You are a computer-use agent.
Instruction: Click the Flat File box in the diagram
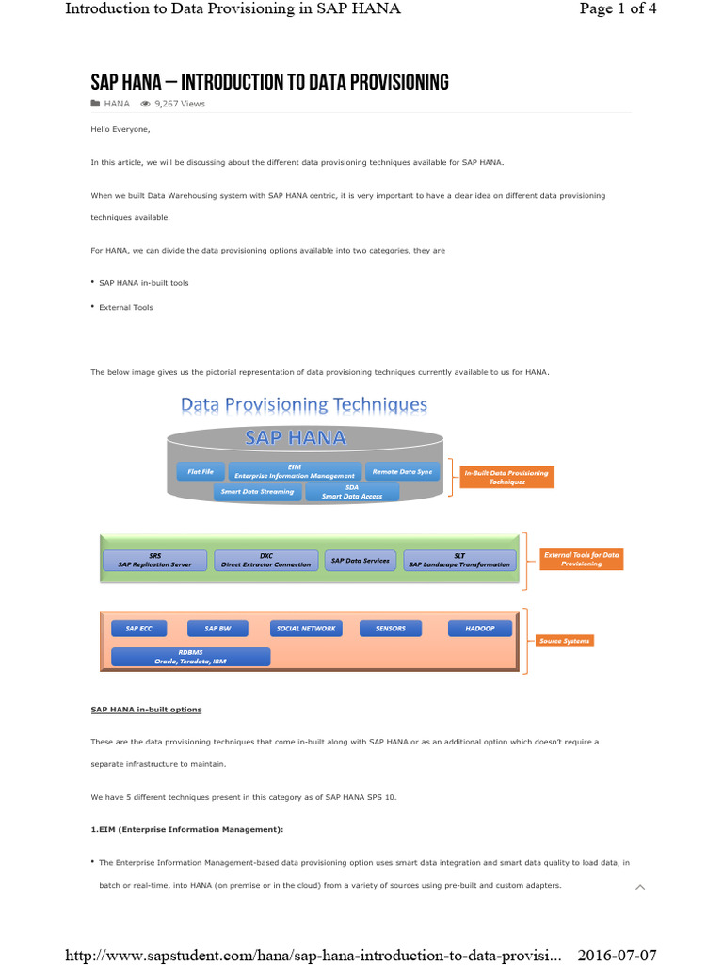(x=201, y=471)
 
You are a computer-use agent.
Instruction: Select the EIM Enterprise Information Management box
(x=295, y=471)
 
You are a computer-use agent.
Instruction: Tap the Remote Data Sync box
(x=402, y=471)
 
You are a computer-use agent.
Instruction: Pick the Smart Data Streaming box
(x=258, y=491)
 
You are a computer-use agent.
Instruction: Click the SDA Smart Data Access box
(x=352, y=491)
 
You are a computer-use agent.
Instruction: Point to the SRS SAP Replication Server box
(x=155, y=560)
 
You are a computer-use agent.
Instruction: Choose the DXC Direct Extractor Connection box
(x=266, y=560)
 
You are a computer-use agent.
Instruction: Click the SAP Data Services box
(x=360, y=560)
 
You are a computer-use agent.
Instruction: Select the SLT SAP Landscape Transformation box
(x=459, y=560)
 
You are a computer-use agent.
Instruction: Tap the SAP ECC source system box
(x=138, y=628)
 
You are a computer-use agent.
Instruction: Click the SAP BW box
(x=217, y=628)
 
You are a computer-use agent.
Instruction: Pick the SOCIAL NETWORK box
(x=305, y=628)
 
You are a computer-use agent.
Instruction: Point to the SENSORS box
(x=391, y=628)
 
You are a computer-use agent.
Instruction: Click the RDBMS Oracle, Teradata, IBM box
(x=190, y=657)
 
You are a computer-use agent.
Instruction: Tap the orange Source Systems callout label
(x=565, y=641)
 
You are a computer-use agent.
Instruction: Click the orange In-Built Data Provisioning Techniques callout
(x=506, y=477)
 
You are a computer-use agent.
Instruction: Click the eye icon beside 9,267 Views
(x=145, y=104)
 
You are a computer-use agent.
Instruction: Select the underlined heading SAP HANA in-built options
(x=146, y=709)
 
